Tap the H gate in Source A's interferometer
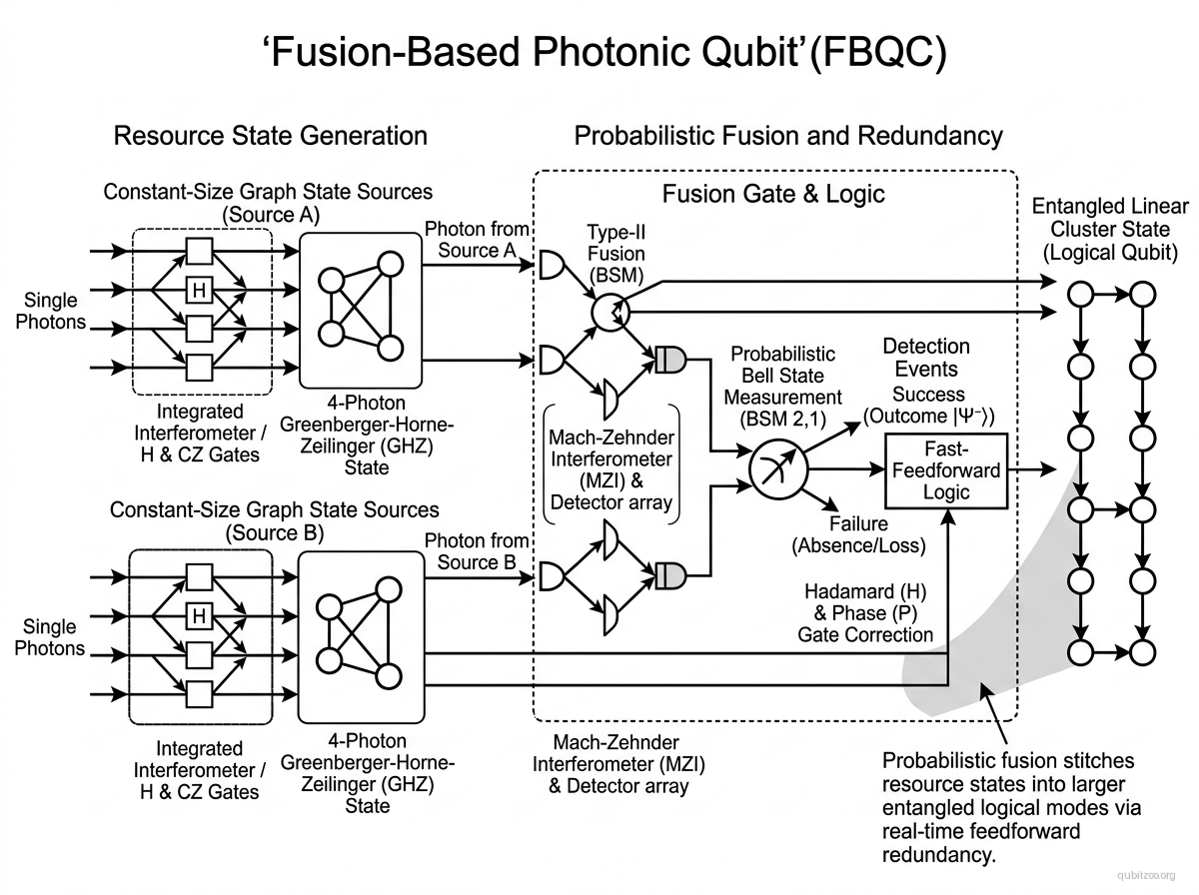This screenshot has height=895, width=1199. (x=200, y=290)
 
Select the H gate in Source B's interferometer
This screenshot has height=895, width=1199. (x=200, y=616)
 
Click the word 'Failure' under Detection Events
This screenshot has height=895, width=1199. (x=858, y=524)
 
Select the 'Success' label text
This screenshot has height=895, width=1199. (x=928, y=395)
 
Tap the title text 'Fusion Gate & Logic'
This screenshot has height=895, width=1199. (x=773, y=194)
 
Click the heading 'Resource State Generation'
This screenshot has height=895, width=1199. (x=270, y=136)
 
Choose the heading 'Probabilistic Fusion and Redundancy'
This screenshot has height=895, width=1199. (x=788, y=136)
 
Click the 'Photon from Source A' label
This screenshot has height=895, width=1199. (x=477, y=240)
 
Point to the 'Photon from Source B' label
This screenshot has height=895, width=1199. (x=477, y=551)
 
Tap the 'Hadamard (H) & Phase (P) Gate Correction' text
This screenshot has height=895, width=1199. (x=865, y=612)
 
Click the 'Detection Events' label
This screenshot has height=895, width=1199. (x=926, y=358)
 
